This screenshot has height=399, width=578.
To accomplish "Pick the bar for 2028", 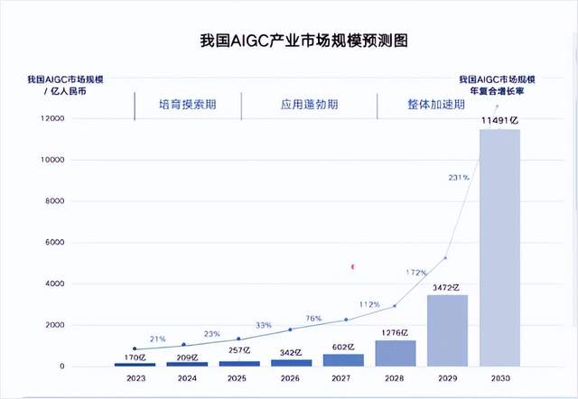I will [x=395, y=353].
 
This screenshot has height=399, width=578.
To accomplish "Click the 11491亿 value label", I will [x=499, y=120].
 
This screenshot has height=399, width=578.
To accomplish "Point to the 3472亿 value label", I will [x=447, y=287].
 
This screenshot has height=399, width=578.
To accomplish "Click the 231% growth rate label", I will [x=458, y=178].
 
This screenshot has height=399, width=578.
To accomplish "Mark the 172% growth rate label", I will [x=415, y=272].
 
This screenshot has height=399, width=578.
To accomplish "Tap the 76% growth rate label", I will [x=314, y=318].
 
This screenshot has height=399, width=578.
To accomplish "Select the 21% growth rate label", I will [x=157, y=339].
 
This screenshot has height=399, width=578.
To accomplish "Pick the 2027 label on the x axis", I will [x=343, y=379].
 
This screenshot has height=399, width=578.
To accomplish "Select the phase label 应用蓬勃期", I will [x=310, y=105].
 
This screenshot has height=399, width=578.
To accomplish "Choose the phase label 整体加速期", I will [x=435, y=105].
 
